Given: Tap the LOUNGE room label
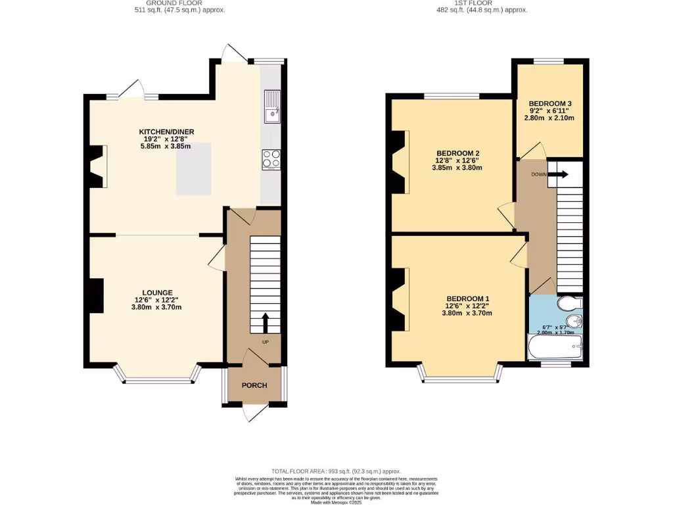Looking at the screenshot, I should click(158, 293).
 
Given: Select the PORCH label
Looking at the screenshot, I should click(254, 385).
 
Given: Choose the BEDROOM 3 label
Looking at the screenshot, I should click(549, 104).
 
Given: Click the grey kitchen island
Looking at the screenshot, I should click(194, 168).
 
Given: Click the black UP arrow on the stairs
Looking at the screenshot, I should click(266, 323).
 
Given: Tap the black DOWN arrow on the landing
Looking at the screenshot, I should click(560, 175).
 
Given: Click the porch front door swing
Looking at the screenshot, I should click(253, 412).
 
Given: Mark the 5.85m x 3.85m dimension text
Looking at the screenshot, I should click(166, 146).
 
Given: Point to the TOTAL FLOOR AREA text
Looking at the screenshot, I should click(336, 471).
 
